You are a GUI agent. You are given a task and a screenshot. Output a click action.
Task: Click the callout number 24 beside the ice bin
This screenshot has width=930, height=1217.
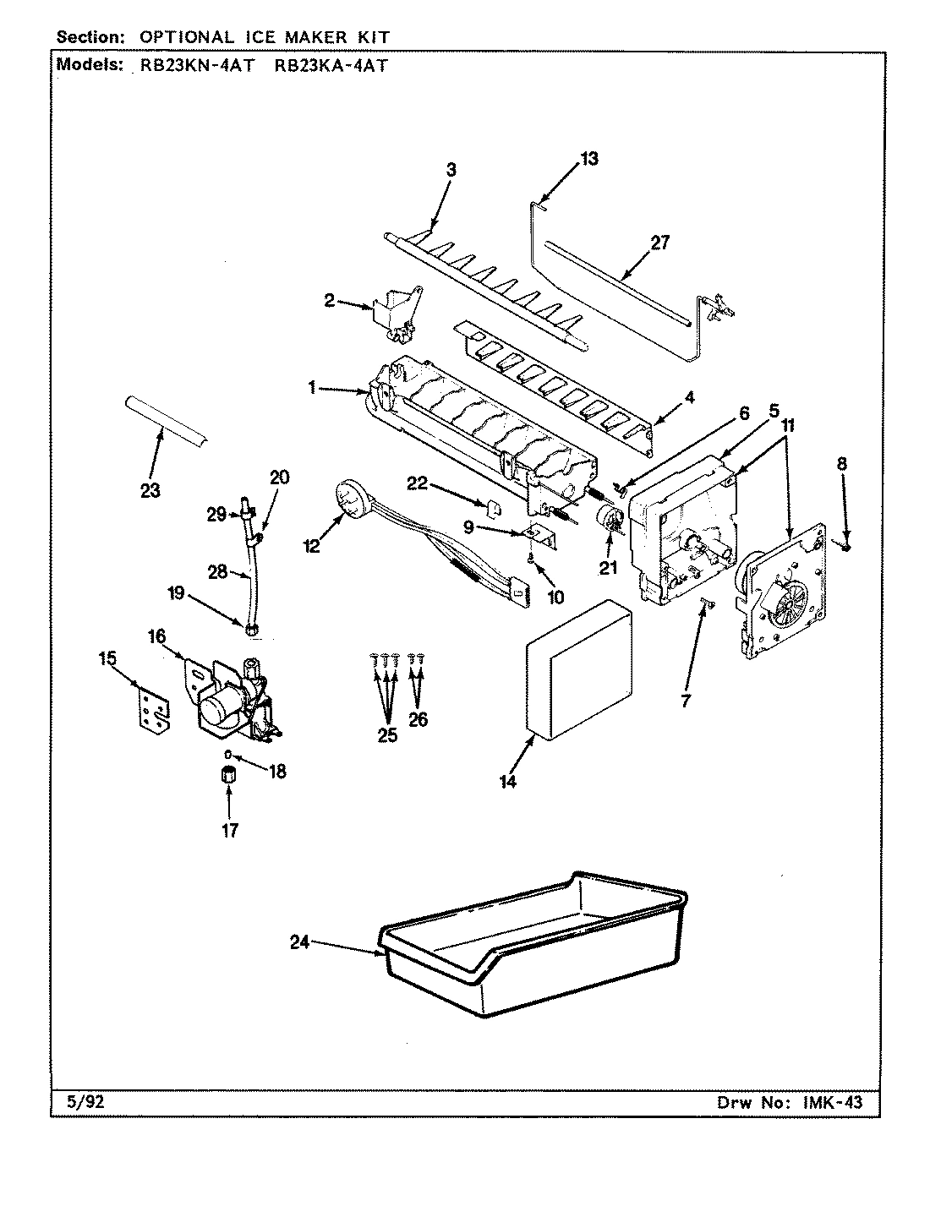click(x=300, y=945)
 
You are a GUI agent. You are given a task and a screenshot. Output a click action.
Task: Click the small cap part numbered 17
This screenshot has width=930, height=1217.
click(x=227, y=774)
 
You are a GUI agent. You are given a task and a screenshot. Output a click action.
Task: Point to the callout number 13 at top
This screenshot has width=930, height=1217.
click(x=588, y=158)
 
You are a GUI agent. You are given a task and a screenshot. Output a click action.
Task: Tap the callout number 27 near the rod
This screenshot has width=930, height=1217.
click(x=659, y=243)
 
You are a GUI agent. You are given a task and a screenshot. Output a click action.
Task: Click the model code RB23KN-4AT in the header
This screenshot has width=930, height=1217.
click(x=192, y=66)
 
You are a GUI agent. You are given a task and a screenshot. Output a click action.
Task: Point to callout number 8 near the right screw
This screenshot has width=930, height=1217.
click(x=841, y=463)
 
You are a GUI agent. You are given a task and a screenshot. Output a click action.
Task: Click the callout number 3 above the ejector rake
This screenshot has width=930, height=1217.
click(x=451, y=170)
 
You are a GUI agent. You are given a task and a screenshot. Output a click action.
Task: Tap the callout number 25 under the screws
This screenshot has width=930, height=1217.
click(x=386, y=734)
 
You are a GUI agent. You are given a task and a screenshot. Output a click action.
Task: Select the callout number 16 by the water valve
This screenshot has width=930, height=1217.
click(x=157, y=636)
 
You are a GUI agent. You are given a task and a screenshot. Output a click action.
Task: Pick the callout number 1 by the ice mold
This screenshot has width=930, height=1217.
click(x=312, y=387)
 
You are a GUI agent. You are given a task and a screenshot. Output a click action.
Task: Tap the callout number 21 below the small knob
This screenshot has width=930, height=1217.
click(x=609, y=568)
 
